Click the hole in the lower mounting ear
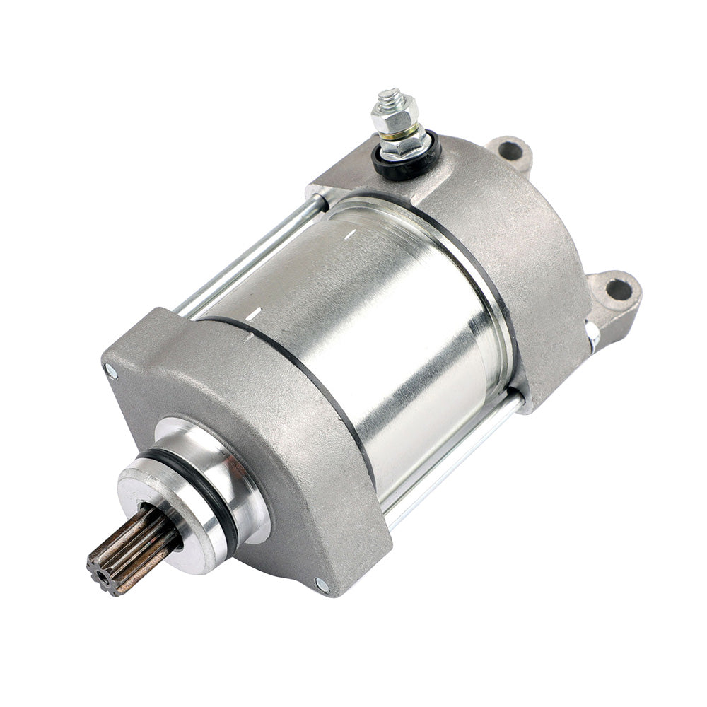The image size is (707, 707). tap(619, 288)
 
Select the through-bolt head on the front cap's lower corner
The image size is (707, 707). tap(322, 584)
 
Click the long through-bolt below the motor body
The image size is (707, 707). tap(452, 460)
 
